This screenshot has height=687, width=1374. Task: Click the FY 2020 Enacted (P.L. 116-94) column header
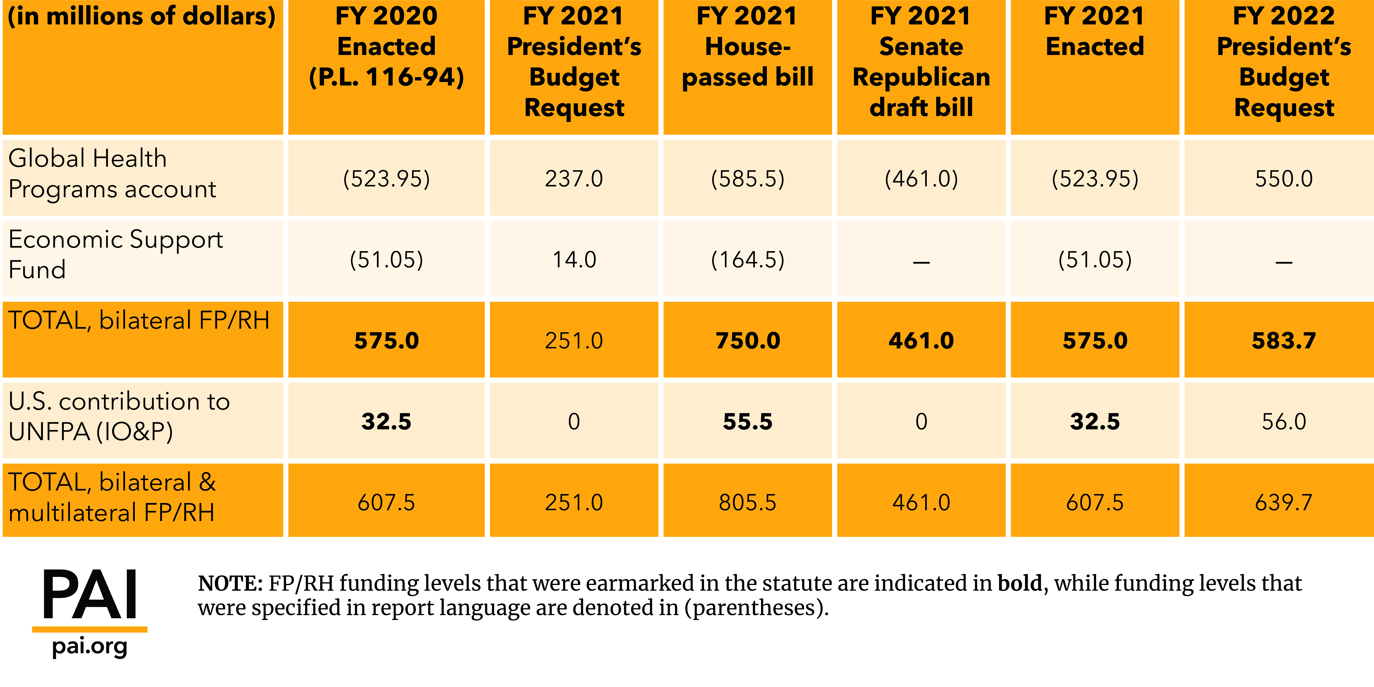386,47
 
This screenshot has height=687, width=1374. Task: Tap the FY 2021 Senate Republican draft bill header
921,62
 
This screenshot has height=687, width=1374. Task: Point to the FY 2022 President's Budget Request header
1284,62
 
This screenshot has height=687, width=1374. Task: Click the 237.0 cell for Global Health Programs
574,179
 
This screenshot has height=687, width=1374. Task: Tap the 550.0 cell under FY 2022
1284,179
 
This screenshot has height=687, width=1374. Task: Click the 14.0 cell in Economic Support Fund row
574,260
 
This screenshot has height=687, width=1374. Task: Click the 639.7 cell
1284,502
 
